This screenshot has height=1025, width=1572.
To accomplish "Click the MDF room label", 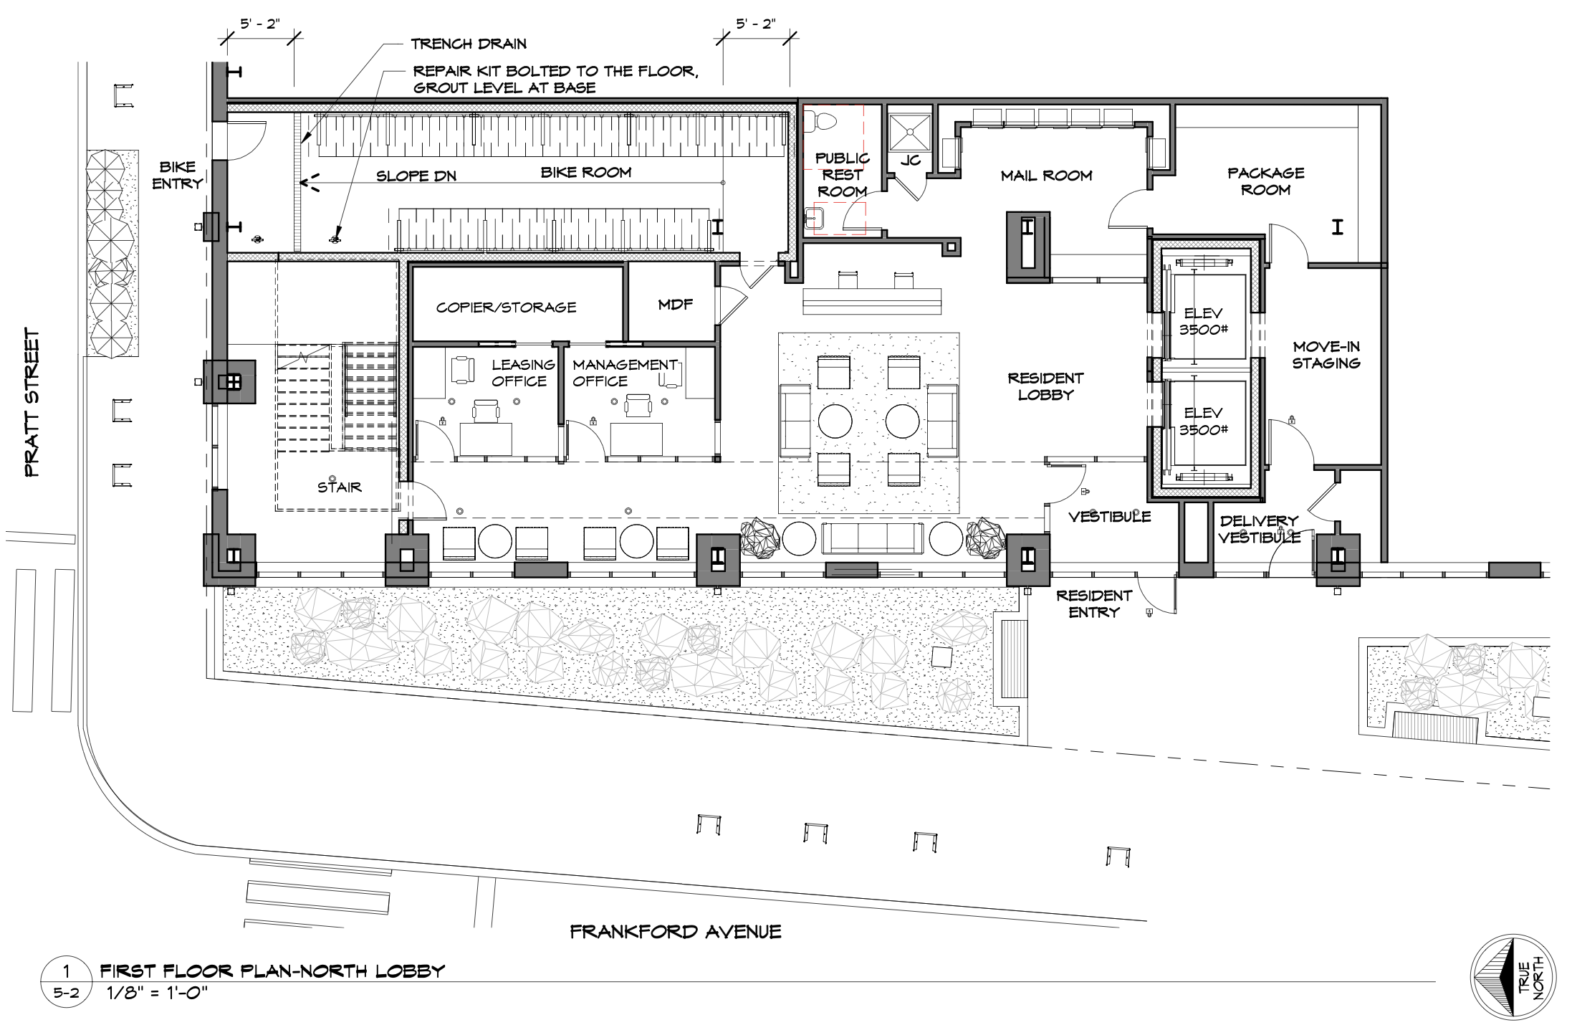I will click(x=675, y=305).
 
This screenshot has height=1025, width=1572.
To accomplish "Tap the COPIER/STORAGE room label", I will click(x=506, y=307).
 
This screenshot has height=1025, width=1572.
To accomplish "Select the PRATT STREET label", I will click(x=32, y=403).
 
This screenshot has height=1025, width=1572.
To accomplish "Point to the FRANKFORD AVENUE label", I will click(x=675, y=932).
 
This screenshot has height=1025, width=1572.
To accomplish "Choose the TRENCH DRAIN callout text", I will click(x=469, y=44).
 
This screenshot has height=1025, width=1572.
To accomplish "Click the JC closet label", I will click(x=910, y=160).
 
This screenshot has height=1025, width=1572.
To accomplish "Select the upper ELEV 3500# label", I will click(x=1203, y=321).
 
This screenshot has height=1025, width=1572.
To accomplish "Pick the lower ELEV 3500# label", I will click(x=1203, y=421).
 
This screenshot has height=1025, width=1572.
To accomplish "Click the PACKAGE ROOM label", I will click(x=1265, y=181).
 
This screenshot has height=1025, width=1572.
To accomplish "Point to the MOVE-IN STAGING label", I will click(x=1326, y=355).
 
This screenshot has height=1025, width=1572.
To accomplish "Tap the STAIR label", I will click(x=339, y=487).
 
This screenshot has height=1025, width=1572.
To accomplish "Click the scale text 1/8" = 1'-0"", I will click(x=157, y=993).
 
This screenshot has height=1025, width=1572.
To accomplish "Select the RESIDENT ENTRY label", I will click(x=1093, y=604).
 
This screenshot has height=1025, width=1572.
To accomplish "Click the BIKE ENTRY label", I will click(x=177, y=175).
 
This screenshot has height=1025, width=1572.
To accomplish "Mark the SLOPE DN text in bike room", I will click(x=416, y=176).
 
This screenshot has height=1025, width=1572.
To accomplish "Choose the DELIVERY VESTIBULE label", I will click(x=1258, y=529).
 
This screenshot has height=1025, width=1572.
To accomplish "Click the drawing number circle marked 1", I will click(x=66, y=972).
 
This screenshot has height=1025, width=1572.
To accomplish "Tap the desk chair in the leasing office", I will click(x=486, y=410).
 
